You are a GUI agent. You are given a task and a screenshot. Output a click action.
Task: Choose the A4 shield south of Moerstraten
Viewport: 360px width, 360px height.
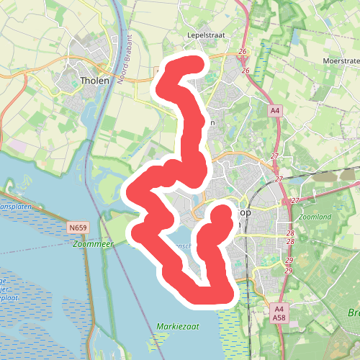(x=274, y=111)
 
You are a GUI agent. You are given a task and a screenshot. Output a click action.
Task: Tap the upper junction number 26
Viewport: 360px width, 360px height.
(x=243, y=52)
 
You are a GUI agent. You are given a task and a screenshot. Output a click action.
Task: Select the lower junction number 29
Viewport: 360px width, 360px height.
(x=289, y=270)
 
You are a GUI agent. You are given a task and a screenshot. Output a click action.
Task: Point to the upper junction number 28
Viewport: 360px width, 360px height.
(x=290, y=233)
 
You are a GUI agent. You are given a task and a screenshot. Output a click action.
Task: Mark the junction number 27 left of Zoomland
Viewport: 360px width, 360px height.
(x=294, y=201)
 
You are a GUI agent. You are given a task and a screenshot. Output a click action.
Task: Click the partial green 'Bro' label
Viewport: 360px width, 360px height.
(x=353, y=312)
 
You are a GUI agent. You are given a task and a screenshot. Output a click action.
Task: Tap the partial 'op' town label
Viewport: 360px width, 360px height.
(x=243, y=214)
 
